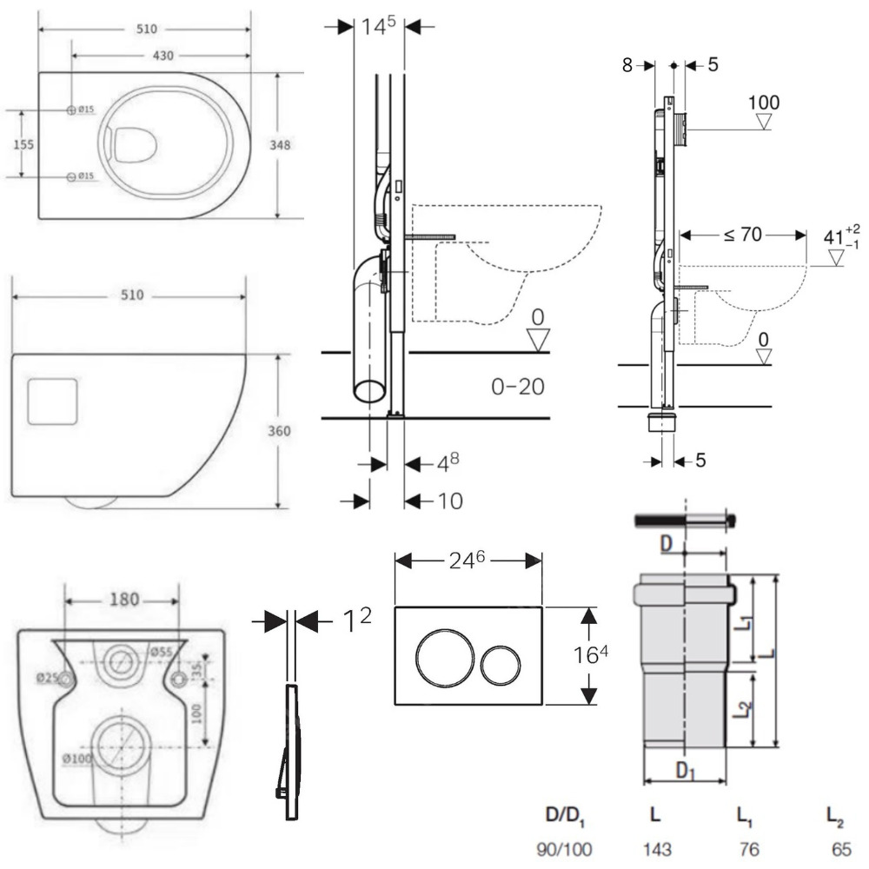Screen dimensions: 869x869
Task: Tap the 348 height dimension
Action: [291, 145]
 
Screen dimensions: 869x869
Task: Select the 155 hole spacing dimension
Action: [23, 144]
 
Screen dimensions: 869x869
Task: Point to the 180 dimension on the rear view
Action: [123, 600]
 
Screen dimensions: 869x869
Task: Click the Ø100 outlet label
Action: [76, 758]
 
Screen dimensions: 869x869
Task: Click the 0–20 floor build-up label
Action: [518, 386]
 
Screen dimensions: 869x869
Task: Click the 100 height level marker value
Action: [764, 103]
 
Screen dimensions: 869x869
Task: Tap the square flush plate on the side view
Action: [54, 401]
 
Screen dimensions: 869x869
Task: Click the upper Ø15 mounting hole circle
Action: [71, 110]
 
